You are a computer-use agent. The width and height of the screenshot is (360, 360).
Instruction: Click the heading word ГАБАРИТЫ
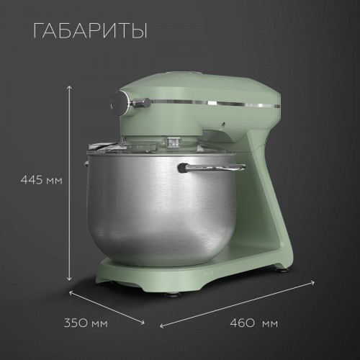tap(90, 32)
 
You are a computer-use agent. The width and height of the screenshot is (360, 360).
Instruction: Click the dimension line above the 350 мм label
tap(108, 305)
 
